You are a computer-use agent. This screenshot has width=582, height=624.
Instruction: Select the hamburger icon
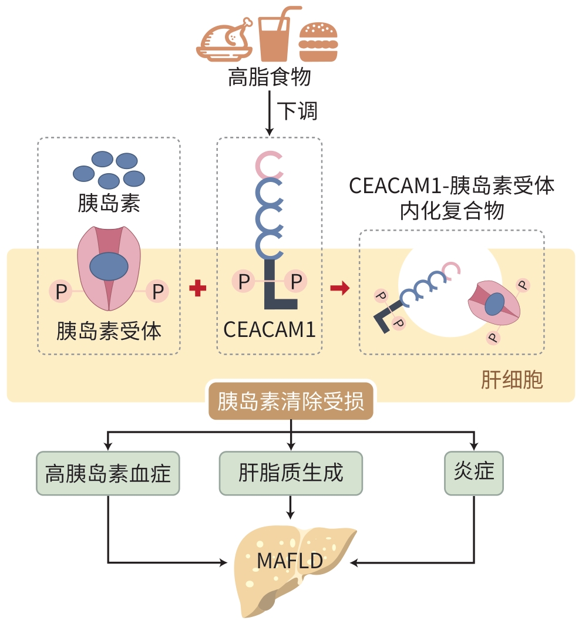pos(319,42)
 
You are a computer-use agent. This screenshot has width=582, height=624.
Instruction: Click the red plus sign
pos(198,289)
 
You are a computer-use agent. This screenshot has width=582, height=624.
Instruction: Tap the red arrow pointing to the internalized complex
pos(339,289)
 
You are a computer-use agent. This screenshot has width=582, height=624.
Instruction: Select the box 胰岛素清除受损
pos(291,402)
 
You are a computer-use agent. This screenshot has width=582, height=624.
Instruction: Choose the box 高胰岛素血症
pos(108,473)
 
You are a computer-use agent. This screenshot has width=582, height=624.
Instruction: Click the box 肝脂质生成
pos(291,473)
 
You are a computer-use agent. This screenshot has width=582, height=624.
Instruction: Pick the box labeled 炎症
pos(474,473)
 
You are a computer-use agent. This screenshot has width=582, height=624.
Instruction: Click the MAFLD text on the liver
pos(290,561)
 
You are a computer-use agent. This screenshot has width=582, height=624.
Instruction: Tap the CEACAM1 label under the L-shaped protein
pos(270,329)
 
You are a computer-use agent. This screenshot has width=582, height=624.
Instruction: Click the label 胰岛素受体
pos(109,332)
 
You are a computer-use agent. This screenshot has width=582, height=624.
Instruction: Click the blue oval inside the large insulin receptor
pos(109,267)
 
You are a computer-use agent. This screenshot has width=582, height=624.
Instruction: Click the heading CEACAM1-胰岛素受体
pos(452,186)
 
